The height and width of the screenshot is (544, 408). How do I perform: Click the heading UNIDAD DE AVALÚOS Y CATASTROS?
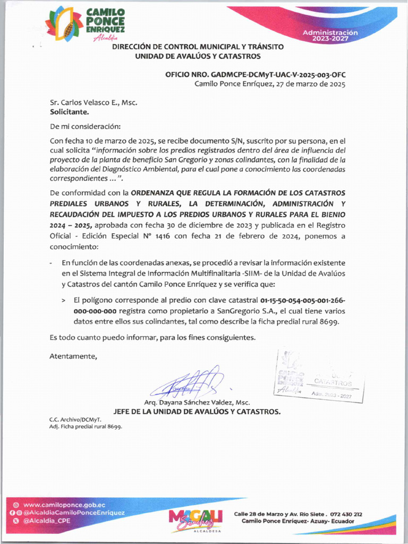pos(198,56)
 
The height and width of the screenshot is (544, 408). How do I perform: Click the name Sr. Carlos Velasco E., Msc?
pos(93,103)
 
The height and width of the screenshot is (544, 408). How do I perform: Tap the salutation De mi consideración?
pos(85,126)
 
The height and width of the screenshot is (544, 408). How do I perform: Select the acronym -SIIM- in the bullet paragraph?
pos(254,273)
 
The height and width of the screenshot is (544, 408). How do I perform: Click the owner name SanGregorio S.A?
pos(247,311)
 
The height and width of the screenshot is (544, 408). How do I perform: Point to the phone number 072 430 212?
pos(346,514)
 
